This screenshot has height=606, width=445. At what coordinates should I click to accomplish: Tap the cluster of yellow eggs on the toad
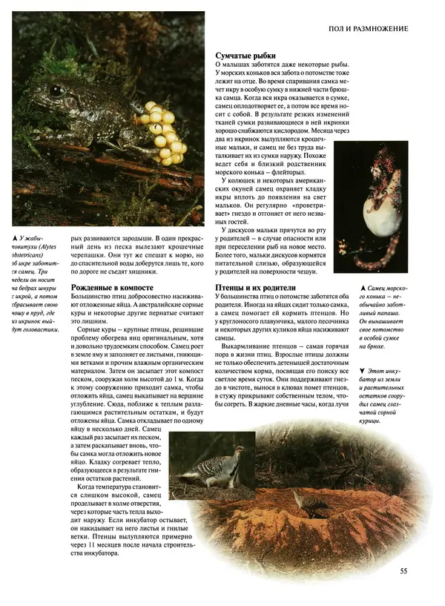point(161,133)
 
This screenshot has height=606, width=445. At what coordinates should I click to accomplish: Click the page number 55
point(403,570)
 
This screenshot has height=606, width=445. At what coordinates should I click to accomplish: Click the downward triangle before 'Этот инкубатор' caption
point(361,369)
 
